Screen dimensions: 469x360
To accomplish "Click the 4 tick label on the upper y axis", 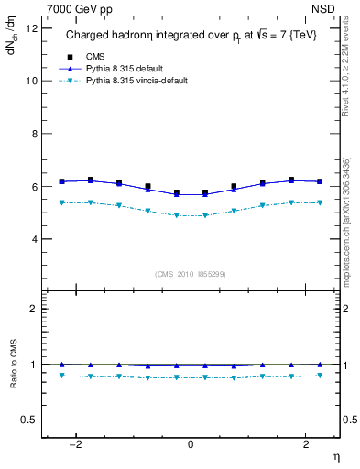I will point(34,239).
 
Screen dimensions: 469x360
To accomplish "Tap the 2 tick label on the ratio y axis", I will point(34,309).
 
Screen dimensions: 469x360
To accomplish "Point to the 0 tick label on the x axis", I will point(191,444).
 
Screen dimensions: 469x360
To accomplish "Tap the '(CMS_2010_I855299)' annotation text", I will point(190,274).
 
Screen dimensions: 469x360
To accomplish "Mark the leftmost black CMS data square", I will point(62,181).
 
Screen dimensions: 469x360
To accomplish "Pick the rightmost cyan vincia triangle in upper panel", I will point(319,202).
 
